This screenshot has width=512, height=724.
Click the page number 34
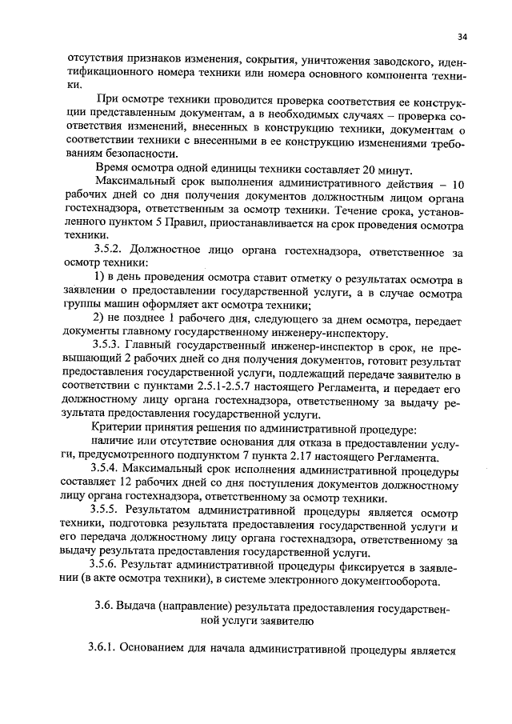tap(462, 36)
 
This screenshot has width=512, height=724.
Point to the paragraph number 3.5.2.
tap(108, 254)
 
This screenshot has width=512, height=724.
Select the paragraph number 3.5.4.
tap(108, 469)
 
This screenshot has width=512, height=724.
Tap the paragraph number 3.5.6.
tap(108, 565)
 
